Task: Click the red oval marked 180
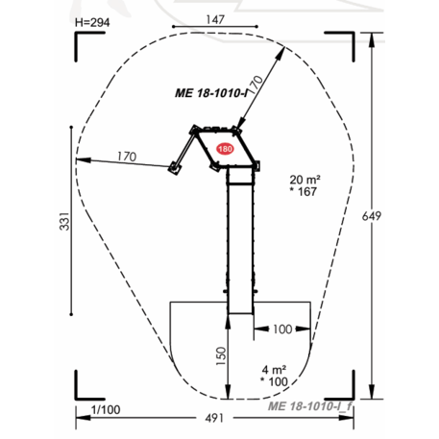225,149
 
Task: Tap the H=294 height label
92,23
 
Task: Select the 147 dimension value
215,19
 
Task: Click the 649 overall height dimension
372,216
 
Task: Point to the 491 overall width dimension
214,418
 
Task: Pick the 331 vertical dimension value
64,221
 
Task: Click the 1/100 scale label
106,409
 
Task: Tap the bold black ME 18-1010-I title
211,93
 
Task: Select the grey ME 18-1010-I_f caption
309,406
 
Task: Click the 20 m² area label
305,180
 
